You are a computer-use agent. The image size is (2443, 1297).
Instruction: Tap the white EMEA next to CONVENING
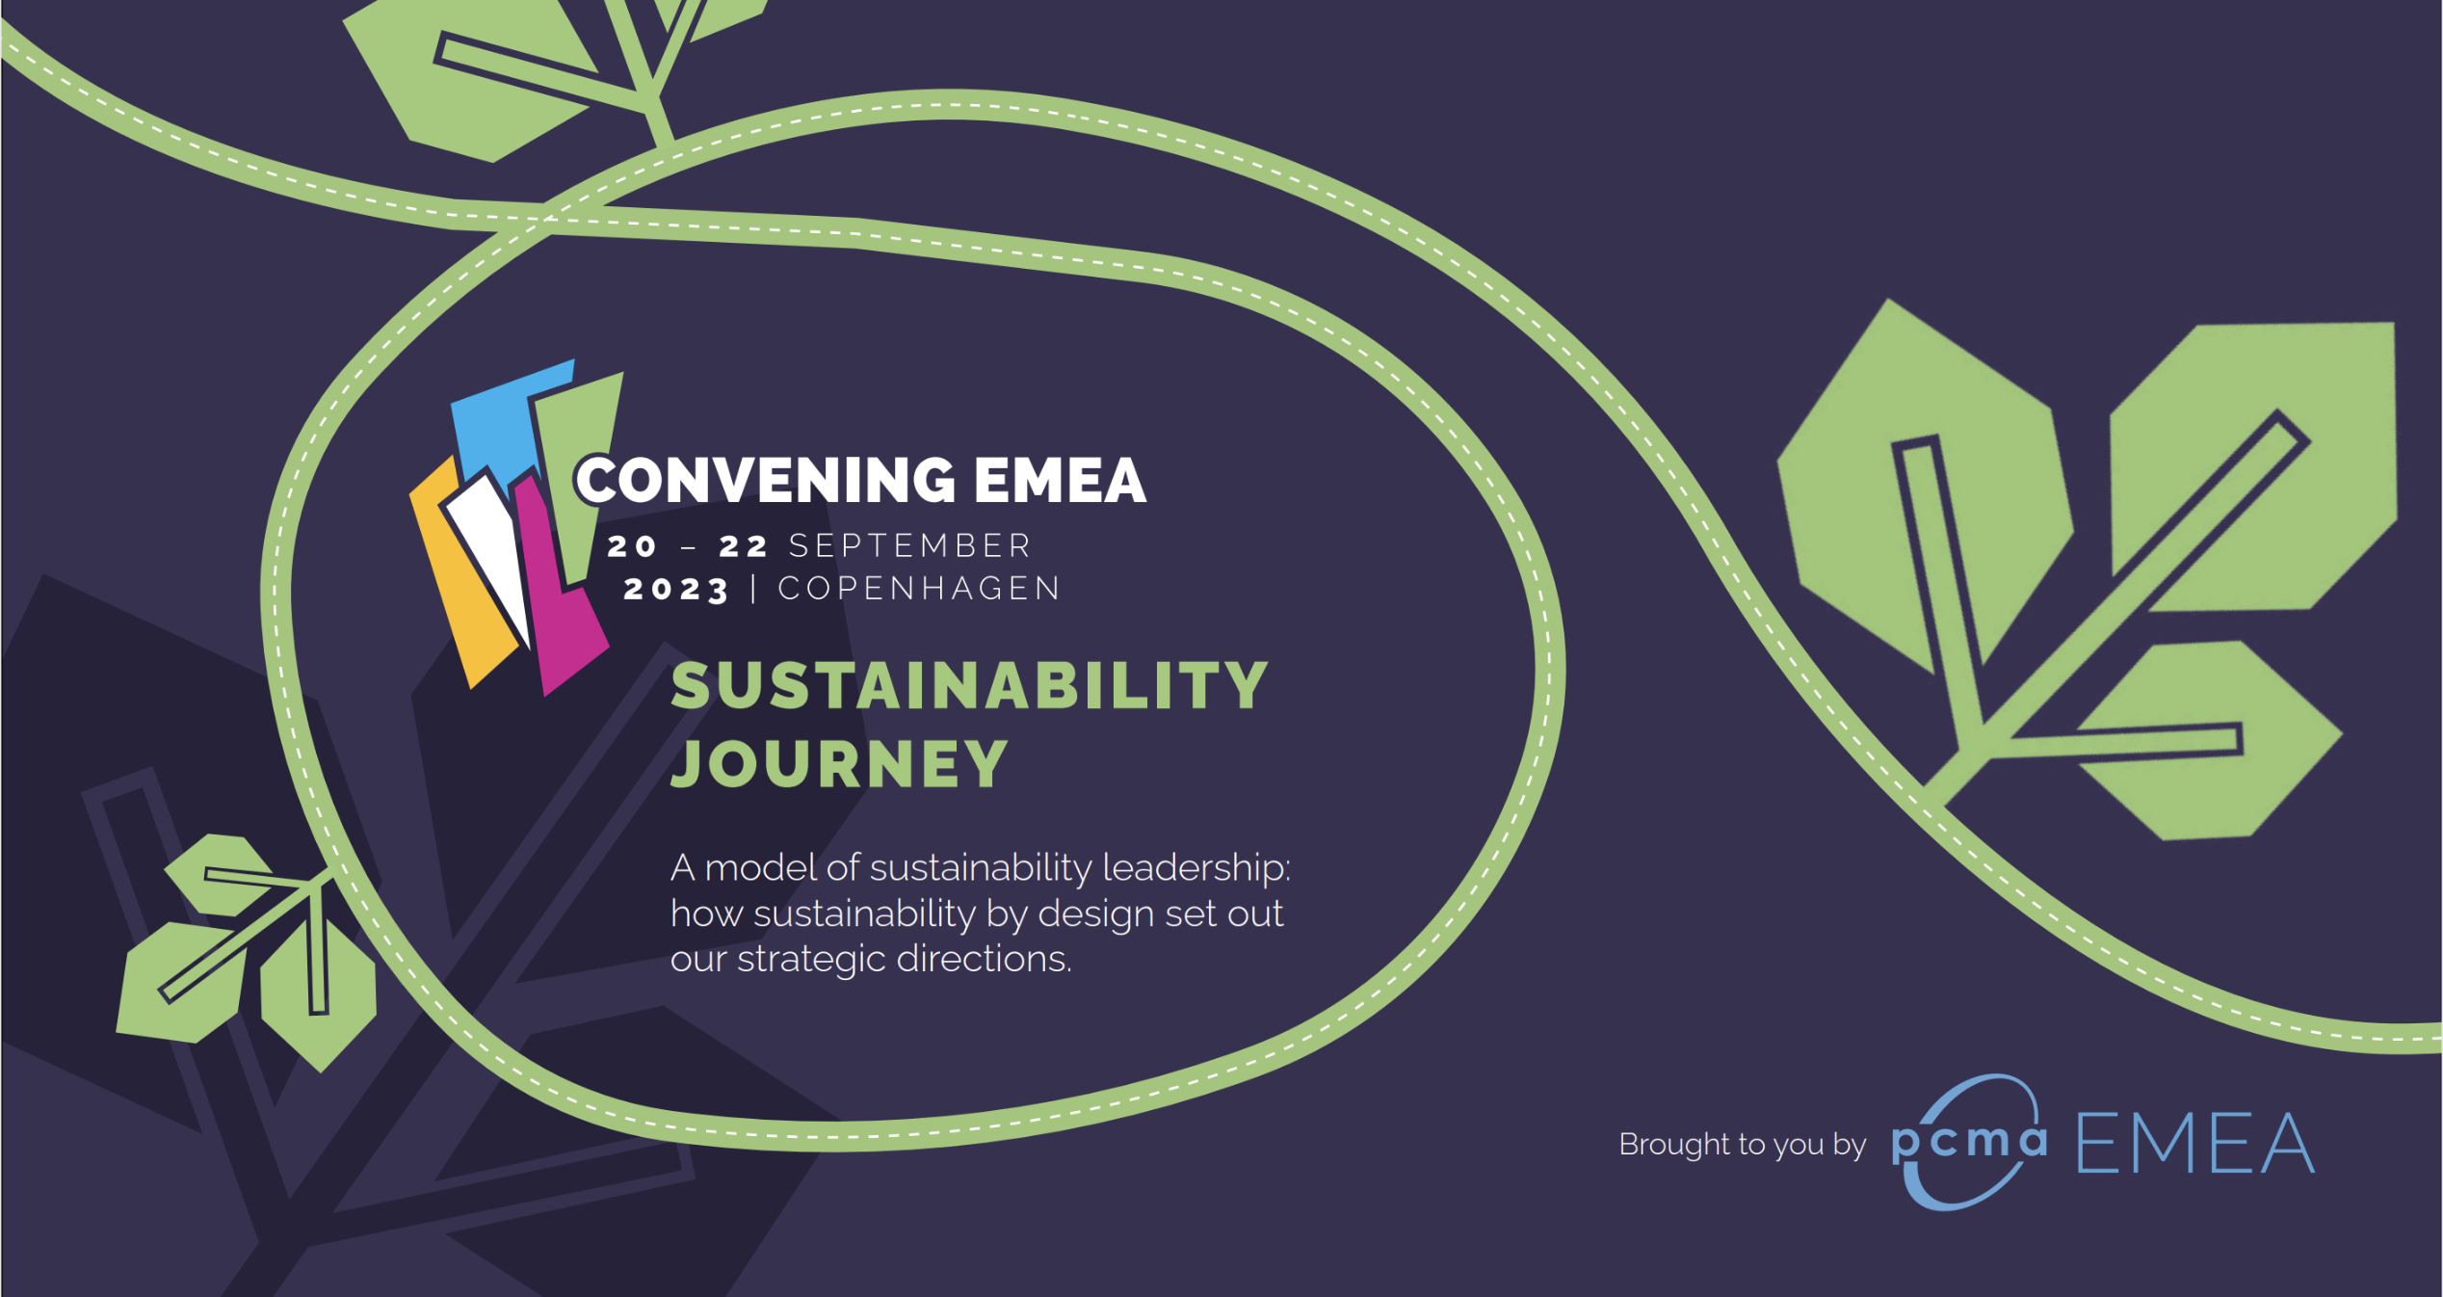click(x=1060, y=480)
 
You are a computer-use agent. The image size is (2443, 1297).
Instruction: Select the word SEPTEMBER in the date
click(x=909, y=546)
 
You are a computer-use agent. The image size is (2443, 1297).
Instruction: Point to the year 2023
click(x=676, y=589)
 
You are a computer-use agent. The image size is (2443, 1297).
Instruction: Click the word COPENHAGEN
click(x=919, y=589)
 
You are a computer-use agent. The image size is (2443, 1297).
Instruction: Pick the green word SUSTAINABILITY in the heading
click(x=969, y=685)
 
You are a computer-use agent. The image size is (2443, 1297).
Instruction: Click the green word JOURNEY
click(x=839, y=764)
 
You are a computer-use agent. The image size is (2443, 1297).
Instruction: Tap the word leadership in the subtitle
click(x=1195, y=868)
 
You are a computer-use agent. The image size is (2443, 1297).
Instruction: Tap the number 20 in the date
click(x=632, y=546)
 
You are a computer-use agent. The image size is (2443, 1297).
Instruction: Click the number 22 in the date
click(x=744, y=546)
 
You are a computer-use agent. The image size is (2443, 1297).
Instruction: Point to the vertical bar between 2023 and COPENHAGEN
click(x=753, y=589)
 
